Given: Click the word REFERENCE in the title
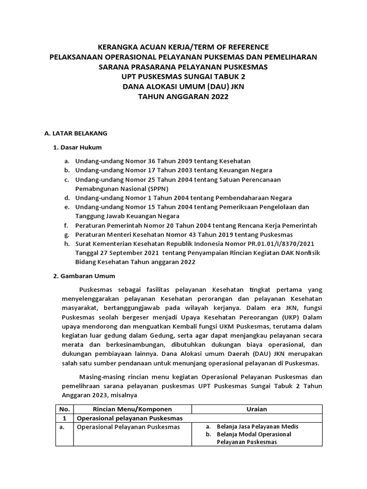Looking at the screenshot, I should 246,47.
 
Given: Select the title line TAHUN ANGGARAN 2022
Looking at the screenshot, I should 183,97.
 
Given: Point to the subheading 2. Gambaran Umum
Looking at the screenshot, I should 84,276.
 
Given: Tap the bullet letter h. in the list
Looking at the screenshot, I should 66,244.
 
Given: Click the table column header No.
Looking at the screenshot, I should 64,409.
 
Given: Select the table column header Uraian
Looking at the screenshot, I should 257,409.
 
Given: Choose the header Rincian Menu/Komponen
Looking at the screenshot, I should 132,409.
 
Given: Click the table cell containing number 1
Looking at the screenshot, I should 64,418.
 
